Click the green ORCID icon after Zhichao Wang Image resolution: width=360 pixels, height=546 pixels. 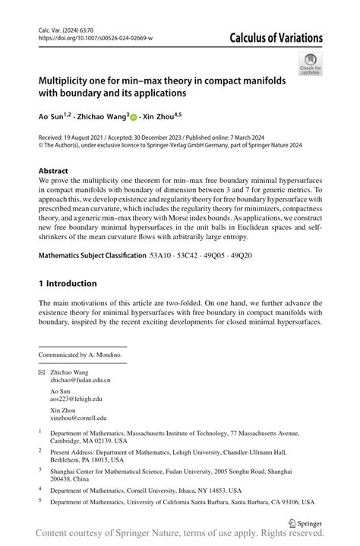[x=134, y=118]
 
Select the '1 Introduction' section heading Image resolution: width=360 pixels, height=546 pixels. [x=68, y=283]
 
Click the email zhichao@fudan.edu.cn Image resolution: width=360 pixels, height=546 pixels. [x=80, y=379]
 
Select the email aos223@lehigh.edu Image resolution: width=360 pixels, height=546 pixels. [x=76, y=399]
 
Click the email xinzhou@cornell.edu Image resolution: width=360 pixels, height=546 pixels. [x=78, y=418]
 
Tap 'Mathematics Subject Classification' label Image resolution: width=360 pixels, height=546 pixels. [x=92, y=256]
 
